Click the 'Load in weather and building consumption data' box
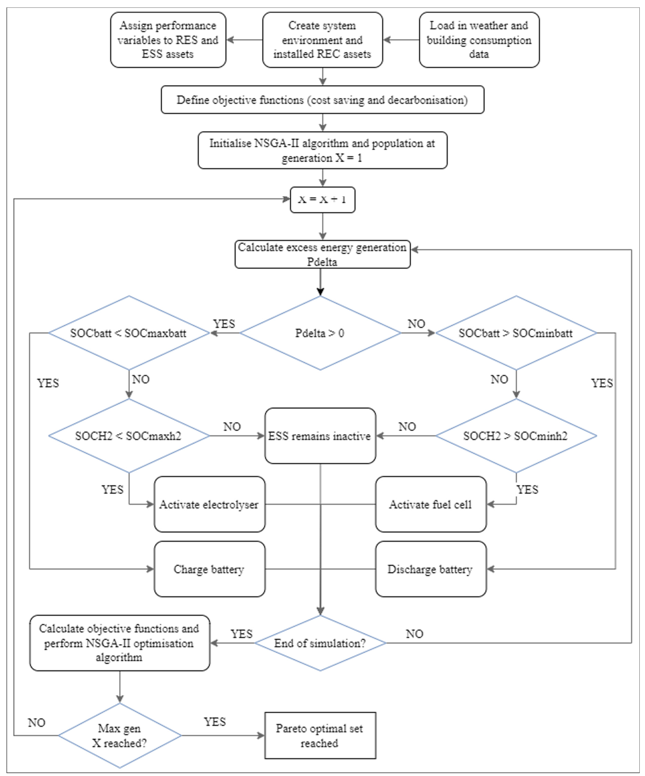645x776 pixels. (x=479, y=40)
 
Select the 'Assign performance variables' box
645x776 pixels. (x=168, y=40)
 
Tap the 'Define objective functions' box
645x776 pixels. (x=322, y=100)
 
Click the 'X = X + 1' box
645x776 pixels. (x=322, y=200)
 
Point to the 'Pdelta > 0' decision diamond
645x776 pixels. (x=320, y=333)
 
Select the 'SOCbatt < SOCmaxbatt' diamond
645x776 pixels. (x=129, y=333)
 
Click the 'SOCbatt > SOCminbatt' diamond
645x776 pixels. (x=516, y=333)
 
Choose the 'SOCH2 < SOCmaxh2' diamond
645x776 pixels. (x=129, y=436)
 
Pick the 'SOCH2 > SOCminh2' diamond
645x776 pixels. (x=516, y=436)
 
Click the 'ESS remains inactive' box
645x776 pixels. (x=320, y=436)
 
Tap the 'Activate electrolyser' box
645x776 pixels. (x=209, y=504)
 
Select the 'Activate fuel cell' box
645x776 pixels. (x=431, y=504)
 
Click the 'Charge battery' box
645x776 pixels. (x=209, y=569)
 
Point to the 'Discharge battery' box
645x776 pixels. (x=431, y=569)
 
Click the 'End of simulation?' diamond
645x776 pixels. (x=320, y=643)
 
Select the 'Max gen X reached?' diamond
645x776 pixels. (x=119, y=735)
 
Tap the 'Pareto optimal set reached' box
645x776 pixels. (x=320, y=735)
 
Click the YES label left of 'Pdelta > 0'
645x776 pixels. (x=224, y=324)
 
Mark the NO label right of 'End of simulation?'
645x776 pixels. (x=414, y=634)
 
